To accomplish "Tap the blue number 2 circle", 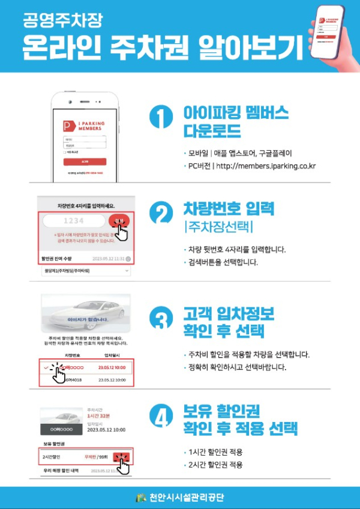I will tap(160, 215).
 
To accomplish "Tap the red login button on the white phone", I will tap(85, 161).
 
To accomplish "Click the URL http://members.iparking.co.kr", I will tap(266, 166).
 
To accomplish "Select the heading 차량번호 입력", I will tap(229, 210).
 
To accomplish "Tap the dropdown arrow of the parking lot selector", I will tap(127, 271).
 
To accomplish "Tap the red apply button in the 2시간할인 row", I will tap(122, 457).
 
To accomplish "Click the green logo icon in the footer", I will tap(142, 498).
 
